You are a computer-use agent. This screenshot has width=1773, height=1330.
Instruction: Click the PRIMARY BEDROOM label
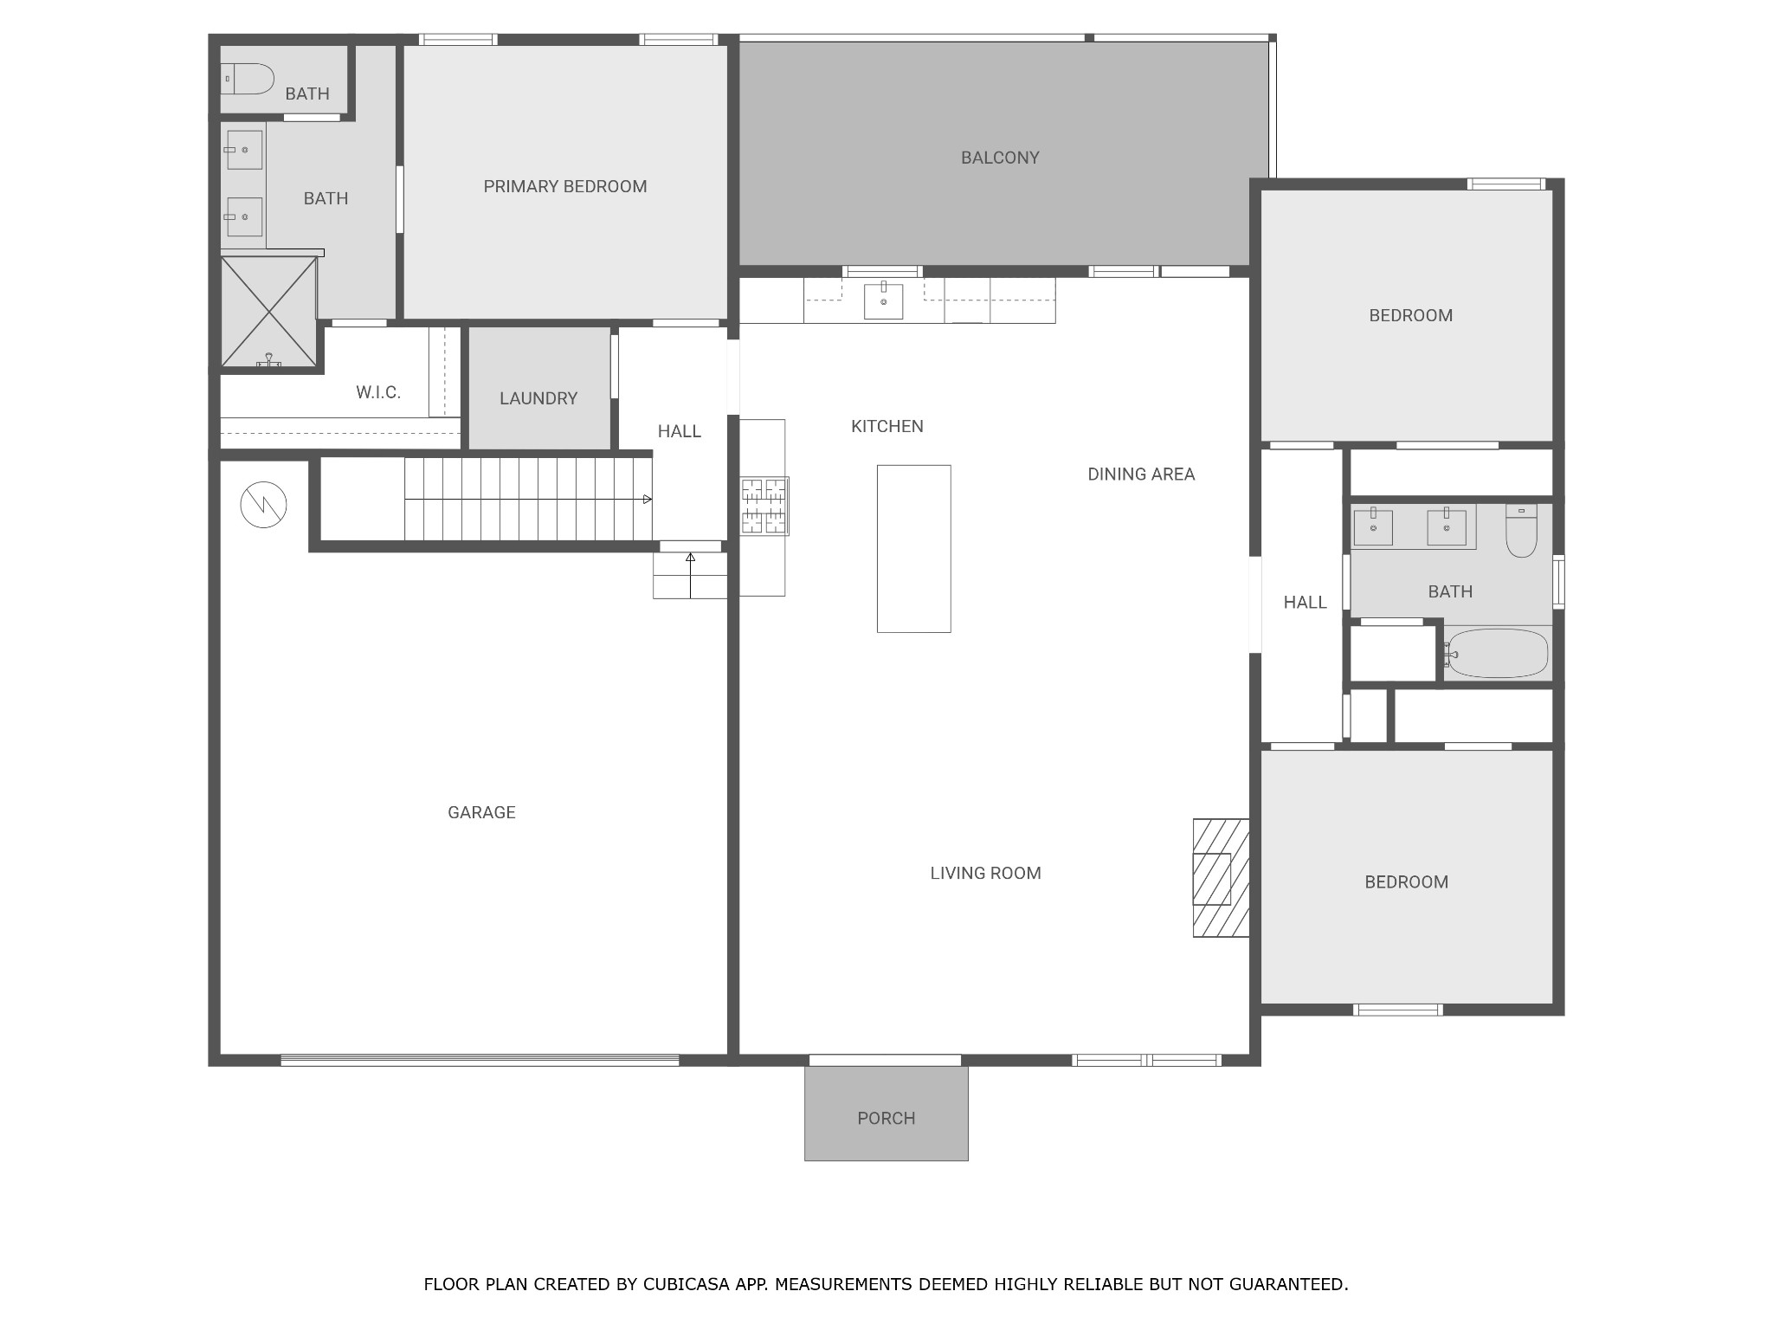(x=564, y=186)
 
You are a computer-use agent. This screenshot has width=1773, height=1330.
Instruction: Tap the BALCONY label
(x=1000, y=158)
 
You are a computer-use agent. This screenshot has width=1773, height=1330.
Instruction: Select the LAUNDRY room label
(x=538, y=398)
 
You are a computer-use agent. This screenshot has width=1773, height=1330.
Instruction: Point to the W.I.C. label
(x=378, y=392)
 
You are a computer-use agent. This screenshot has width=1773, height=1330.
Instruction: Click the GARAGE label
(x=481, y=812)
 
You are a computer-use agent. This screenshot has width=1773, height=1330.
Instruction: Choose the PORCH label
(x=886, y=1118)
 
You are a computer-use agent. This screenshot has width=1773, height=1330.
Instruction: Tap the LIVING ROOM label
(x=985, y=873)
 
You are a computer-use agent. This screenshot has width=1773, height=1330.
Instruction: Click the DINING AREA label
(x=1141, y=474)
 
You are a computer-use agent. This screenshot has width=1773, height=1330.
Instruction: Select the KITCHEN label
(x=887, y=426)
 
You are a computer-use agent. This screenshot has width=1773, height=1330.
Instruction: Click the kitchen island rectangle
(x=914, y=549)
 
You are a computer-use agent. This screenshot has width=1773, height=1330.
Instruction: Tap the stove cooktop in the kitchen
(x=764, y=506)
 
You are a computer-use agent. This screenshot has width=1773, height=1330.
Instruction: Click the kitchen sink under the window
(x=884, y=300)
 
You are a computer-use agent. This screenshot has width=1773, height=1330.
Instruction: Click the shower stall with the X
(x=268, y=312)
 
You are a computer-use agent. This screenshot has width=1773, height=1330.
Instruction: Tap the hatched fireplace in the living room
(x=1221, y=878)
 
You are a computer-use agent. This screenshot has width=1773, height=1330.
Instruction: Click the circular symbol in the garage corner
(x=263, y=505)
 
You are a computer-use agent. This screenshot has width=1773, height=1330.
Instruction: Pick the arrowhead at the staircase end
(x=648, y=500)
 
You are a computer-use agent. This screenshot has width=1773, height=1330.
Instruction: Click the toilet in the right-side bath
(x=1521, y=531)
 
